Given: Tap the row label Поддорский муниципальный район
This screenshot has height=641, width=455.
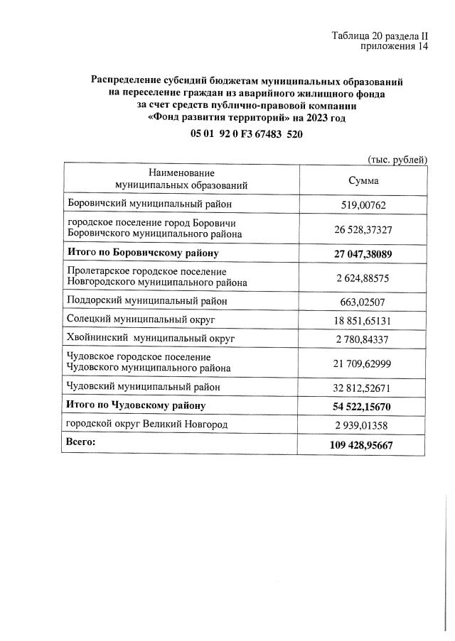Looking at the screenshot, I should coord(147,301).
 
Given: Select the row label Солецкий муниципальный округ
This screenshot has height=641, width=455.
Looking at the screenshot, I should coord(142,320).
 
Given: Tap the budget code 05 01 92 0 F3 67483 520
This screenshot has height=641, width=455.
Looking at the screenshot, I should coord(247,134).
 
